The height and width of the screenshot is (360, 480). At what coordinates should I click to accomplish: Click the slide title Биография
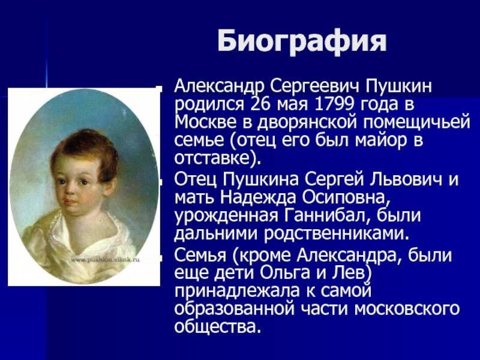tap(302, 41)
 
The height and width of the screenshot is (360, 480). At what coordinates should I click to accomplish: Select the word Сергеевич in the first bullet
tap(314, 86)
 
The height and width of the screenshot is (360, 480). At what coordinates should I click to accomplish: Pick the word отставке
tap(215, 158)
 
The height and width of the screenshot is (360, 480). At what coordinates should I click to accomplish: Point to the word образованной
tap(235, 309)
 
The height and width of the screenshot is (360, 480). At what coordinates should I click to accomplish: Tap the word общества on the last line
tap(215, 326)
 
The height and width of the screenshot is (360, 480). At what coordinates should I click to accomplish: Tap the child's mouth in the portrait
tap(70, 202)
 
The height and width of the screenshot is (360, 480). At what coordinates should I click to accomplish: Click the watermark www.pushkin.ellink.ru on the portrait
tap(106, 260)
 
